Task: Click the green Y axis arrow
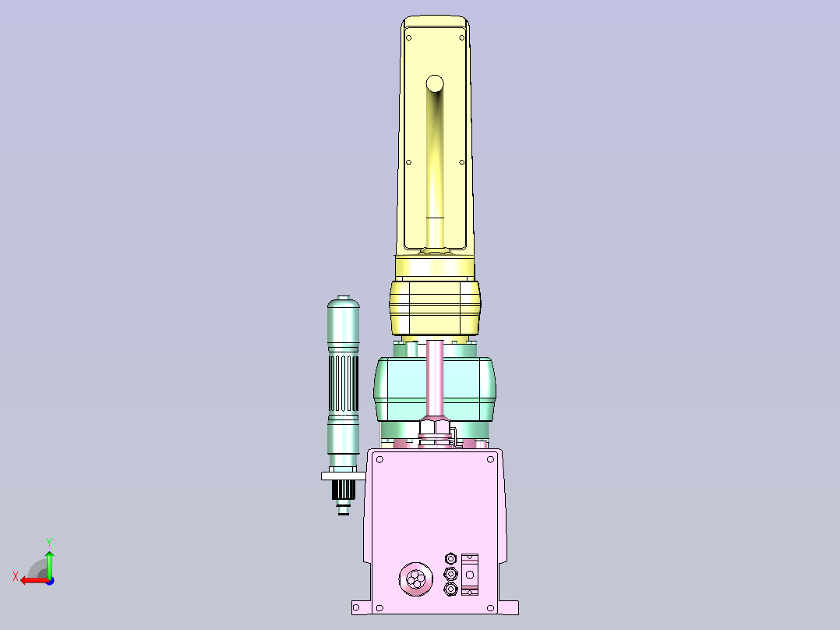(x=49, y=564)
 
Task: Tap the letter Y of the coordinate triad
(x=49, y=542)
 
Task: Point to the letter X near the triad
(x=16, y=576)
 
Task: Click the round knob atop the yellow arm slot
(x=435, y=83)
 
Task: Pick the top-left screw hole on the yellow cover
(x=409, y=37)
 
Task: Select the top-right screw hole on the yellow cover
(x=462, y=37)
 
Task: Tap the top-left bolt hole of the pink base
(x=379, y=459)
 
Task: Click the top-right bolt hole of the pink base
(x=490, y=459)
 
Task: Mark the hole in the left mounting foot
(x=357, y=608)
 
